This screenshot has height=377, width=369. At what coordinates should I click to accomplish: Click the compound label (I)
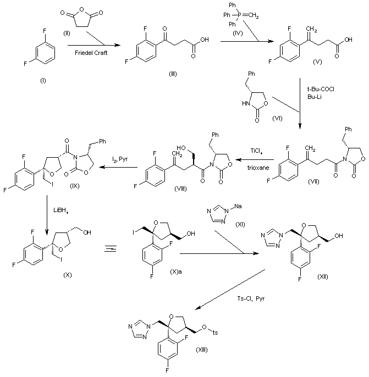pyautogui.click(x=42, y=80)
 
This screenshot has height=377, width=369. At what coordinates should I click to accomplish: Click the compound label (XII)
pyautogui.click(x=323, y=276)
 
